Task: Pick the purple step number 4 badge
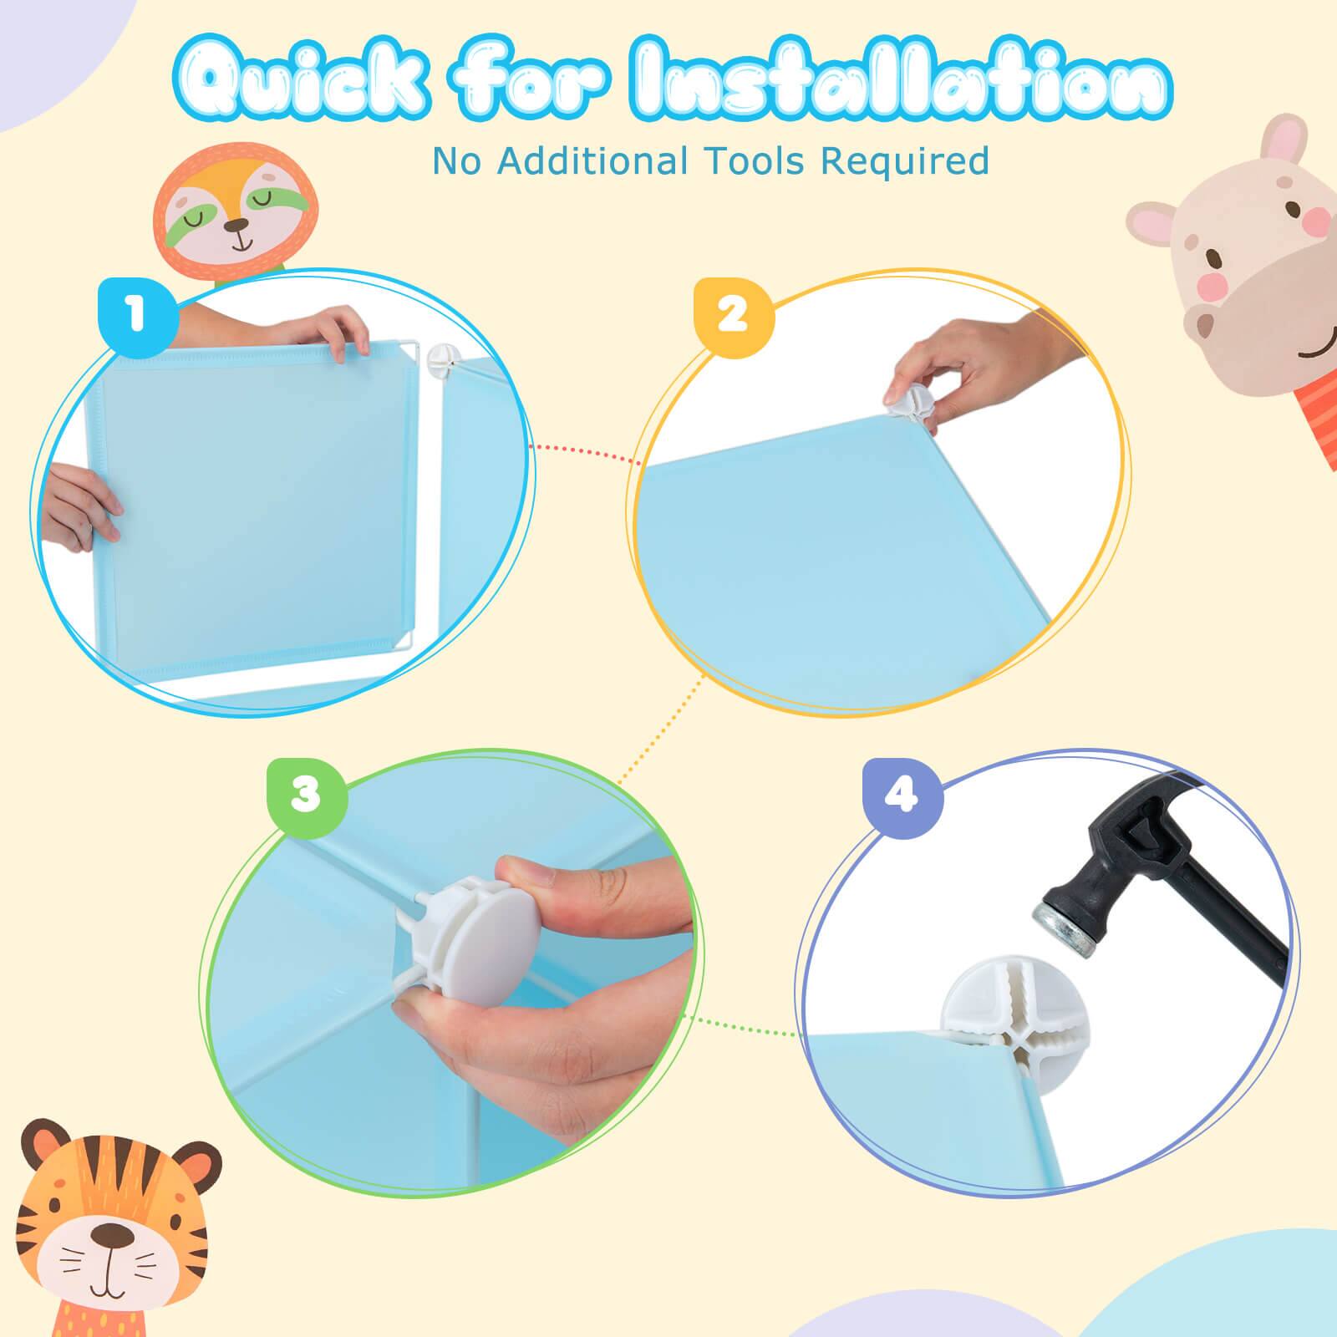click(x=902, y=796)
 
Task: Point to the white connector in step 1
click(x=440, y=360)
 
